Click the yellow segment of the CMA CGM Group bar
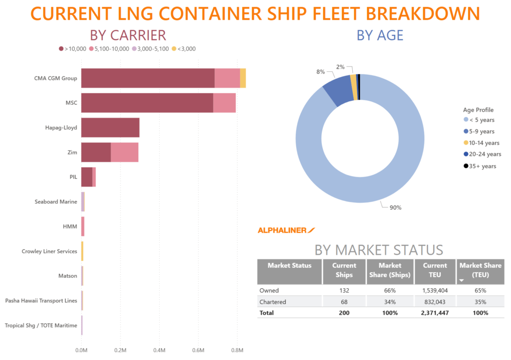(243, 78)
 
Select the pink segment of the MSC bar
(224, 103)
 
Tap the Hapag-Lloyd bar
(110, 128)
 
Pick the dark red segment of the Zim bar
(96, 152)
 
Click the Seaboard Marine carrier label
(56, 202)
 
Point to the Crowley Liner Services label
(49, 251)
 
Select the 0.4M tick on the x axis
(159, 350)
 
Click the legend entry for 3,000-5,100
(150, 49)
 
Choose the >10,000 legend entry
(73, 49)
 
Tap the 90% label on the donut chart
(395, 207)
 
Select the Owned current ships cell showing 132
(344, 290)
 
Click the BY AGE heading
(380, 35)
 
